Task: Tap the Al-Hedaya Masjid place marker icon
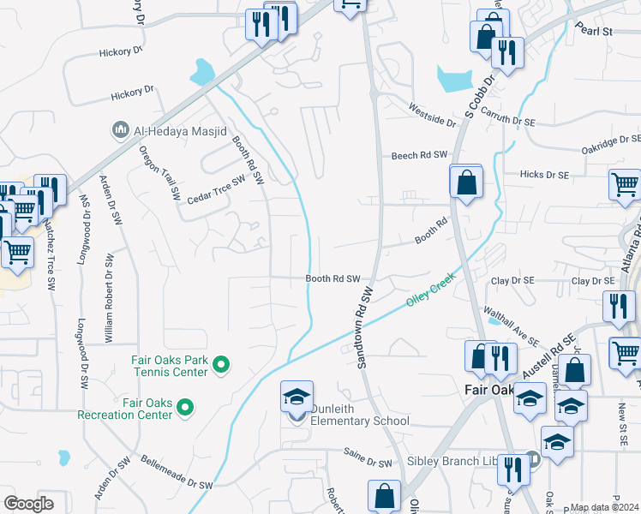coord(120,130)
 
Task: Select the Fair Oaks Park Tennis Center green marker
coord(221,366)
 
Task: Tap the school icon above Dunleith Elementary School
coord(297,397)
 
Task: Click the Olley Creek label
coord(428,292)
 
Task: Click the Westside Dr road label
coord(432,116)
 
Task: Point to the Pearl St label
coord(596,31)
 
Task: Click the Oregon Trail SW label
coord(161,172)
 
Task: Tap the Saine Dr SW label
coord(367,463)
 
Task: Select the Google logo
coord(28,504)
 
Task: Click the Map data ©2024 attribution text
coord(605,507)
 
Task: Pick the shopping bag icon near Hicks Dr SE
coord(465,182)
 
